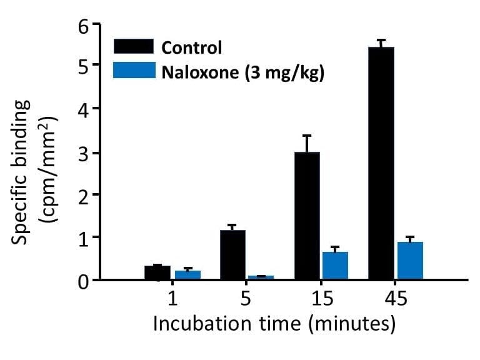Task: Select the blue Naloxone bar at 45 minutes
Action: [x=410, y=261]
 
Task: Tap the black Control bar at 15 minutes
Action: [x=307, y=216]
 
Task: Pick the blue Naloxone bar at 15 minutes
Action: [x=335, y=266]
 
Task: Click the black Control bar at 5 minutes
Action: [x=232, y=254]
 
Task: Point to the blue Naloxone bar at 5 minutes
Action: [x=261, y=277]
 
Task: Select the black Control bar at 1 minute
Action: [x=157, y=272]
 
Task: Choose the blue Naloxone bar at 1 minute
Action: [x=187, y=274]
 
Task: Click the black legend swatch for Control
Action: [x=133, y=46]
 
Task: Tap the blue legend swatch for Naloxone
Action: [x=133, y=69]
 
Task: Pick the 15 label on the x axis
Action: [x=321, y=299]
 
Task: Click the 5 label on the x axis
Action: [x=246, y=299]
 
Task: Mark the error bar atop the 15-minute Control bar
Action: [x=307, y=143]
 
